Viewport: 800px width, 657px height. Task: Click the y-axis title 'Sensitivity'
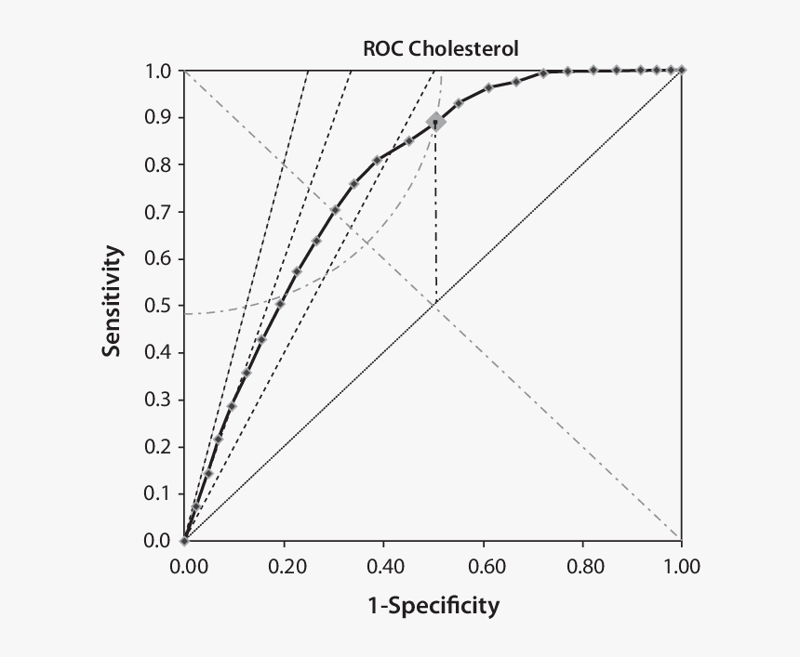tap(113, 301)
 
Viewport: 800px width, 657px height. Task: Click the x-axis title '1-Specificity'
tap(433, 607)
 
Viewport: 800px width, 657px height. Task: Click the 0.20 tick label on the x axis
tap(284, 566)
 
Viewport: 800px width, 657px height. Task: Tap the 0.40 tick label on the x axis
tap(383, 566)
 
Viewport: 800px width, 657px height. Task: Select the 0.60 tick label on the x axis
tap(483, 566)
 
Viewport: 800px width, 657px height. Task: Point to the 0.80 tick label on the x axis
tap(582, 566)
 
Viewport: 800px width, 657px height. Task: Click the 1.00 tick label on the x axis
tap(682, 566)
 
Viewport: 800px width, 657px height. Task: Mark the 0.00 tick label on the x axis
tap(185, 566)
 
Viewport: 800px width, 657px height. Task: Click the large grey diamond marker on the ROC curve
tap(434, 122)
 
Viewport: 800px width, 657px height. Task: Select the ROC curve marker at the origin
tap(184, 540)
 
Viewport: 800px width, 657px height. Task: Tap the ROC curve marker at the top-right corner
tap(682, 70)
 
